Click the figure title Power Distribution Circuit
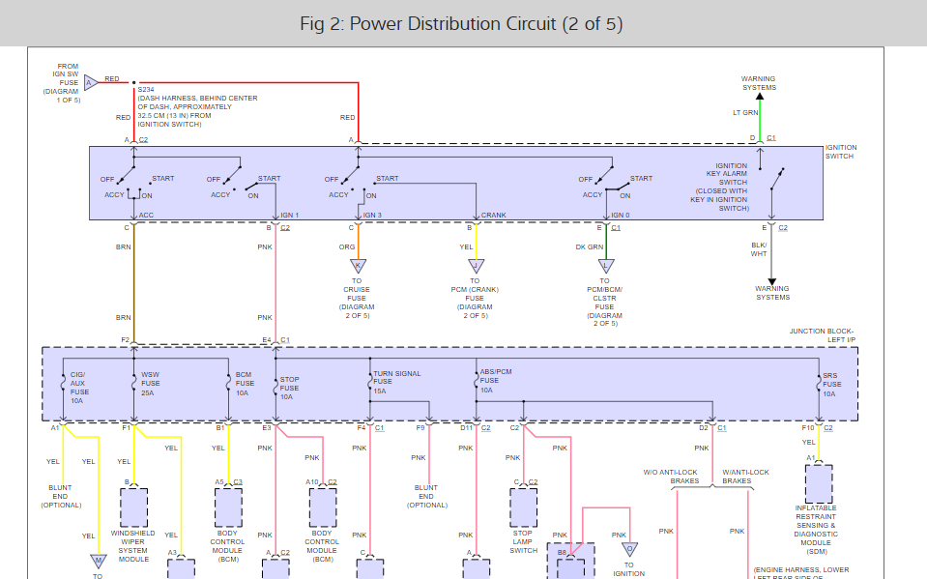[x=463, y=23]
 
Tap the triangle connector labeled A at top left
[x=90, y=82]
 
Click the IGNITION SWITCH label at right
[x=841, y=152]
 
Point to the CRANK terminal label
[x=494, y=215]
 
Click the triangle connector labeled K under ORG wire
[x=358, y=265]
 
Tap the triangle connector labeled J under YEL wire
[x=476, y=265]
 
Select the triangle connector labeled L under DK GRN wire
[x=606, y=265]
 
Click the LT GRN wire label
[x=744, y=113]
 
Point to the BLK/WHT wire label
[x=759, y=249]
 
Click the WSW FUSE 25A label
[x=150, y=383]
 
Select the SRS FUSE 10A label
[x=830, y=384]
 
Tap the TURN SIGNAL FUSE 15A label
[x=394, y=381]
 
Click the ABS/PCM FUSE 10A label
[x=495, y=380]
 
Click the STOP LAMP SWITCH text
[x=523, y=541]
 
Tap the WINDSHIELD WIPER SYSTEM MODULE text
[x=133, y=545]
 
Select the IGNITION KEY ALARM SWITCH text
[x=731, y=187]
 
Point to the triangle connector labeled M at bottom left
[x=98, y=560]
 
